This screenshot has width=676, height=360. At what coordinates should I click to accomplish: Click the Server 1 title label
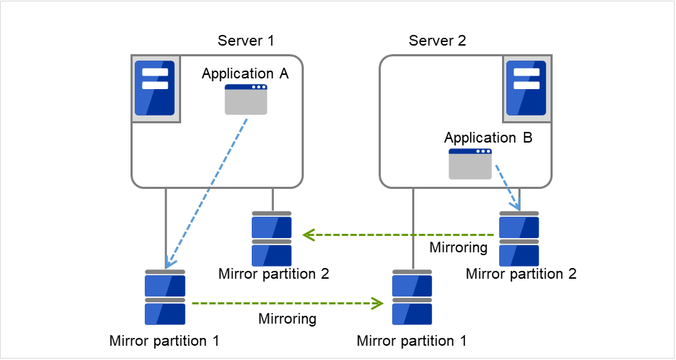[x=246, y=40]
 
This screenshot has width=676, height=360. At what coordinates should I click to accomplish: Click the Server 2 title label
[x=437, y=40]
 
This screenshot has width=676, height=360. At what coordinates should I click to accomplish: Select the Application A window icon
[x=246, y=100]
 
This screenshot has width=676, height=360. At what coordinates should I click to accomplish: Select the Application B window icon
[x=470, y=164]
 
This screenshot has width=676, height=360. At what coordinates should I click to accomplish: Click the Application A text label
[x=245, y=73]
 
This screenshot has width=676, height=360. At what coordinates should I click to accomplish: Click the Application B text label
[x=488, y=138]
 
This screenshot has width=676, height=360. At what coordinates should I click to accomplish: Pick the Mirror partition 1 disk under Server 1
[x=165, y=297]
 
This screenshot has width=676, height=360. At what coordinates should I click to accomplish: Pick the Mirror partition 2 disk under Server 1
[x=272, y=238]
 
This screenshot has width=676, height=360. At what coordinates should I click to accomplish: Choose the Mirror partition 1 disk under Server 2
[x=412, y=297]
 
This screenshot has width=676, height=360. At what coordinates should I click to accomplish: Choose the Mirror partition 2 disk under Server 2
[x=519, y=238]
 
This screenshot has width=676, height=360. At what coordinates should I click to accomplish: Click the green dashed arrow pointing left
[x=399, y=234]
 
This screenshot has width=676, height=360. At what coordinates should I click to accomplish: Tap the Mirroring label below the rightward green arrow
[x=287, y=319]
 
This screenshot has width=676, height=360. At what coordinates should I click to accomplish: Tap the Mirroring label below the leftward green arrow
[x=458, y=248]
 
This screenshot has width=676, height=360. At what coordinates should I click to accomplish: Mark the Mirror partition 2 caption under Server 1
[x=274, y=273]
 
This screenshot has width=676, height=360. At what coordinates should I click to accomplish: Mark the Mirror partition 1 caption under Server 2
[x=411, y=341]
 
